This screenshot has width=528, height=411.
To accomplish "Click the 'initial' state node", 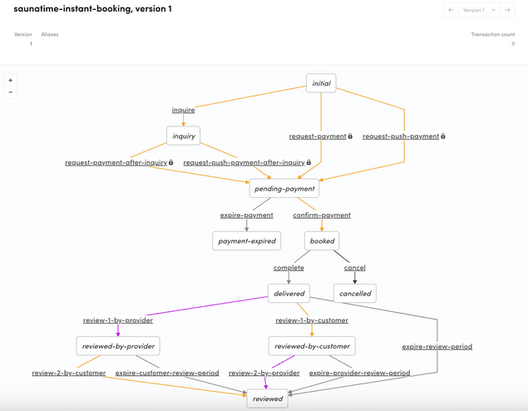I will (321, 83).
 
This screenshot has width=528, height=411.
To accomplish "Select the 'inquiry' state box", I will (183, 136).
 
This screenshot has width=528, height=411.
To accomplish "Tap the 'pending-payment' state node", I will (284, 189).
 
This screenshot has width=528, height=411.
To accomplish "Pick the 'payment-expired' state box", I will (245, 241).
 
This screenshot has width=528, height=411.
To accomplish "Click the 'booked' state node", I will (322, 241).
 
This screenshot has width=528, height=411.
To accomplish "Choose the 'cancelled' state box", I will (355, 294).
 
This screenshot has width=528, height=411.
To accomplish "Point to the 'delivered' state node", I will (289, 294).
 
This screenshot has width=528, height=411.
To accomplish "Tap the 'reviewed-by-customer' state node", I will (312, 346).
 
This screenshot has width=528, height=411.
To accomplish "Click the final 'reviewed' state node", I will (268, 399).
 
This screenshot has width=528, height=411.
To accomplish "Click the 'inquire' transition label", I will (183, 110).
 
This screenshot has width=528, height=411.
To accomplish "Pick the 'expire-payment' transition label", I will (246, 215).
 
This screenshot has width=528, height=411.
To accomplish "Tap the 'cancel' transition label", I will (355, 268).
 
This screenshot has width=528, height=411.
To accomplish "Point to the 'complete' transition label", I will (289, 268).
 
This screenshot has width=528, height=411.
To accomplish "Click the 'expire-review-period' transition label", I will (437, 346).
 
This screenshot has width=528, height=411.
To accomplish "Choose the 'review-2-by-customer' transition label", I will (69, 373).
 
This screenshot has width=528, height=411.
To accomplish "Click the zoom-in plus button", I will (10, 81).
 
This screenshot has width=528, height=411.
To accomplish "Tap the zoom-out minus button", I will (10, 92).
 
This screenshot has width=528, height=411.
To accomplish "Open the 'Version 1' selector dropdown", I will (476, 10).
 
